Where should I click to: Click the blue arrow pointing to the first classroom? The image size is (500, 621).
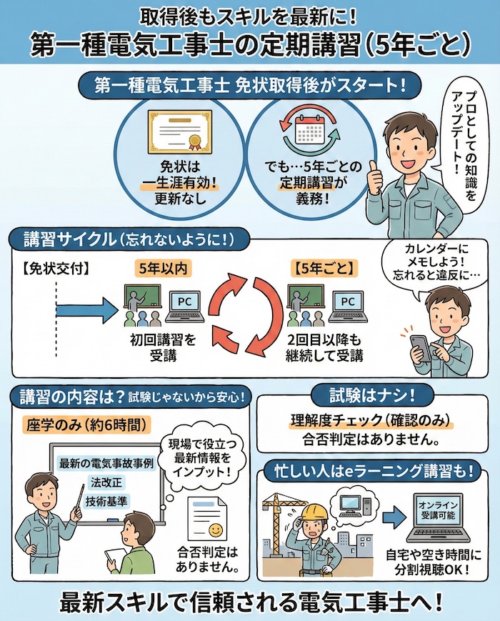[x=86, y=309]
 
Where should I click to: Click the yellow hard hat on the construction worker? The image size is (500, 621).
[x=311, y=513]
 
